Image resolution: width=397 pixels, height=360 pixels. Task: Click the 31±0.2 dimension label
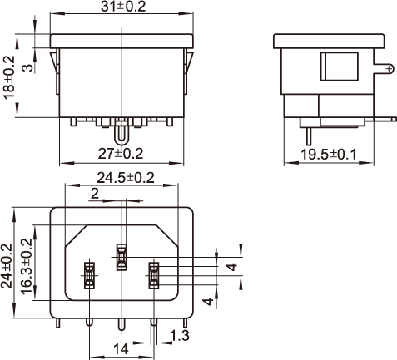pyautogui.click(x=123, y=7)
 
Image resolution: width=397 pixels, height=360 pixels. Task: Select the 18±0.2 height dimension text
pyautogui.click(x=8, y=77)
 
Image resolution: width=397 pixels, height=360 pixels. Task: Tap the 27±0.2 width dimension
pyautogui.click(x=121, y=154)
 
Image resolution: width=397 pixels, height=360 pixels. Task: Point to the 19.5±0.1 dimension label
pyautogui.click(x=329, y=155)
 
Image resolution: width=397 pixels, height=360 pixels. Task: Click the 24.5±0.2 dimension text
pyautogui.click(x=126, y=178)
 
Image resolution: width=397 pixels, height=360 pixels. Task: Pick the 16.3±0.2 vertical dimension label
pyautogui.click(x=27, y=266)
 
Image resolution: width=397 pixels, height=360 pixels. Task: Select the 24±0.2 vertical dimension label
pyautogui.click(x=7, y=266)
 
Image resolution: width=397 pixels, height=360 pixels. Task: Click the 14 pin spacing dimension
pyautogui.click(x=121, y=349)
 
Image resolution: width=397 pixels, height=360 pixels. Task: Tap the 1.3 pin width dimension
pyautogui.click(x=180, y=336)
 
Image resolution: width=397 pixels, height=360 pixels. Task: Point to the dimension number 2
pyautogui.click(x=95, y=194)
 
